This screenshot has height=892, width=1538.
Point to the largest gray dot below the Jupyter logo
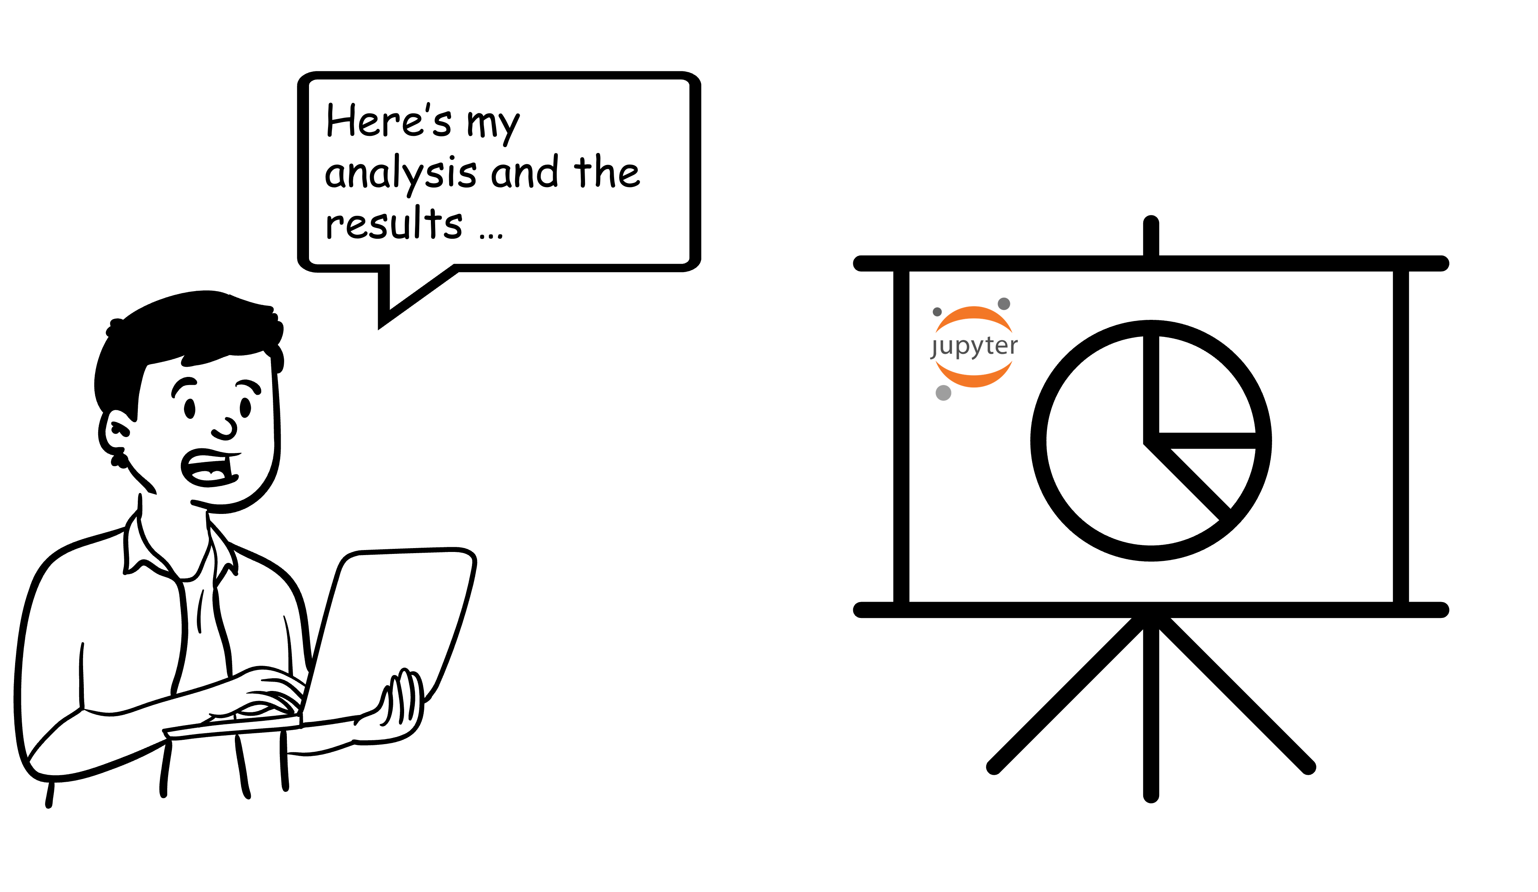click(x=944, y=393)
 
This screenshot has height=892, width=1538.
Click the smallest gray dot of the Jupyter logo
click(x=937, y=312)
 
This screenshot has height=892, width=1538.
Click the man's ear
click(x=118, y=430)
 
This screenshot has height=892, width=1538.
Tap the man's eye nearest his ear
click(x=190, y=409)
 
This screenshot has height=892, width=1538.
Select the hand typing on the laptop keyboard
click(x=269, y=692)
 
